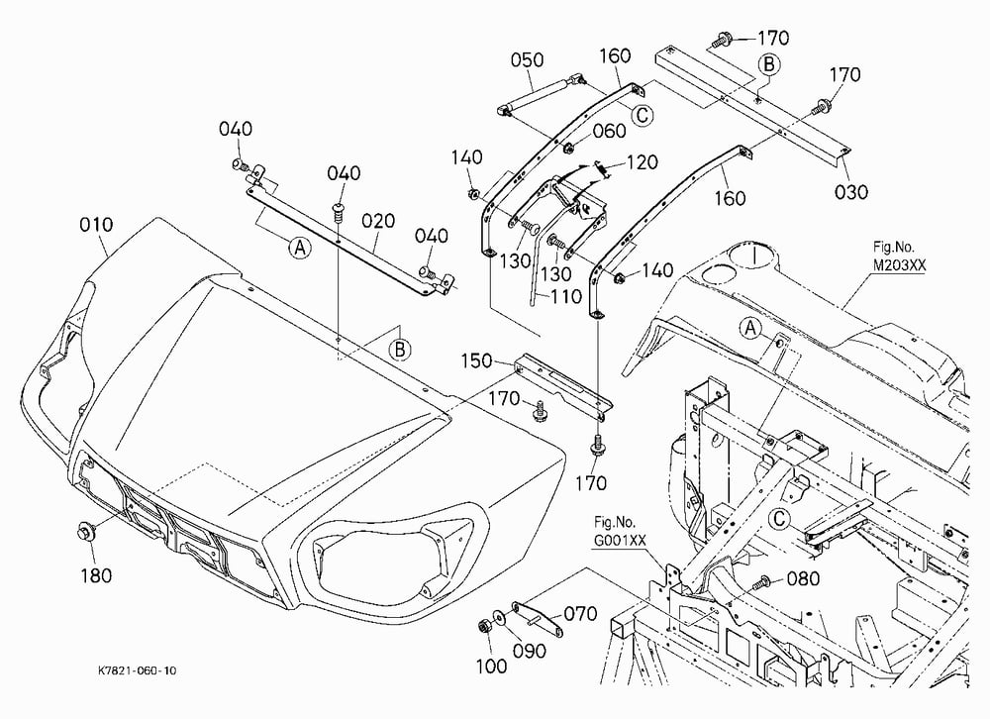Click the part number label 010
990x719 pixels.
(x=97, y=225)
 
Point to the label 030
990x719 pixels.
(x=851, y=191)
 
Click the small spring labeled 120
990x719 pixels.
(x=601, y=168)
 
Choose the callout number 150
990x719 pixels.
(x=477, y=361)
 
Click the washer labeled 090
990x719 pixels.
(x=499, y=617)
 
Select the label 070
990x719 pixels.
(x=579, y=613)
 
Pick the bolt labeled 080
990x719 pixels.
(x=762, y=581)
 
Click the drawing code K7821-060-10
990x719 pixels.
(x=137, y=670)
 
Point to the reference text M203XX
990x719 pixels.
(x=899, y=265)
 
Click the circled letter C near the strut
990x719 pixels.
(x=643, y=115)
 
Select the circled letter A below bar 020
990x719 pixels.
(x=300, y=248)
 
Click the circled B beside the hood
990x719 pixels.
(x=400, y=350)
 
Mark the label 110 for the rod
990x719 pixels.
(x=565, y=296)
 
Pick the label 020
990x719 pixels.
(x=378, y=221)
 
